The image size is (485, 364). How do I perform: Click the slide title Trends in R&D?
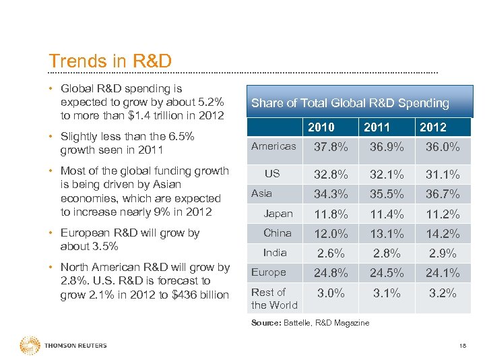(110, 61)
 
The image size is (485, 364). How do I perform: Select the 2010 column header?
(321, 127)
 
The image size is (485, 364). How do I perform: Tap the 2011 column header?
(377, 127)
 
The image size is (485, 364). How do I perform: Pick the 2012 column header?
(432, 127)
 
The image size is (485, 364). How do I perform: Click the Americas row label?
(273, 146)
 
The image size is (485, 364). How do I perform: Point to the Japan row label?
(278, 214)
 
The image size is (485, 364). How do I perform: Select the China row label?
(278, 233)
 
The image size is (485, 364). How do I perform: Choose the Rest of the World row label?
(273, 299)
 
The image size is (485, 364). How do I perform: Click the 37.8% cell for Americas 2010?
(331, 147)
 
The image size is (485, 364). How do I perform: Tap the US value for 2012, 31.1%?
(443, 175)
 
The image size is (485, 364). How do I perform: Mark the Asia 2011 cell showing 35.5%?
(387, 194)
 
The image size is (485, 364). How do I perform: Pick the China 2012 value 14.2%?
(443, 234)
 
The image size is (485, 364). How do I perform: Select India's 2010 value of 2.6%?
(331, 253)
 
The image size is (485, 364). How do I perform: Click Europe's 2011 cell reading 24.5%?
(387, 273)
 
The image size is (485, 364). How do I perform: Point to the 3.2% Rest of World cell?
(443, 293)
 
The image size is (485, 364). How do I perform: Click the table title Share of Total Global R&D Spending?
(350, 103)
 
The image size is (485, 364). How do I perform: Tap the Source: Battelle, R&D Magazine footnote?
(310, 323)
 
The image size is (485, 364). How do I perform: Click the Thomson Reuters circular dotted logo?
(30, 345)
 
